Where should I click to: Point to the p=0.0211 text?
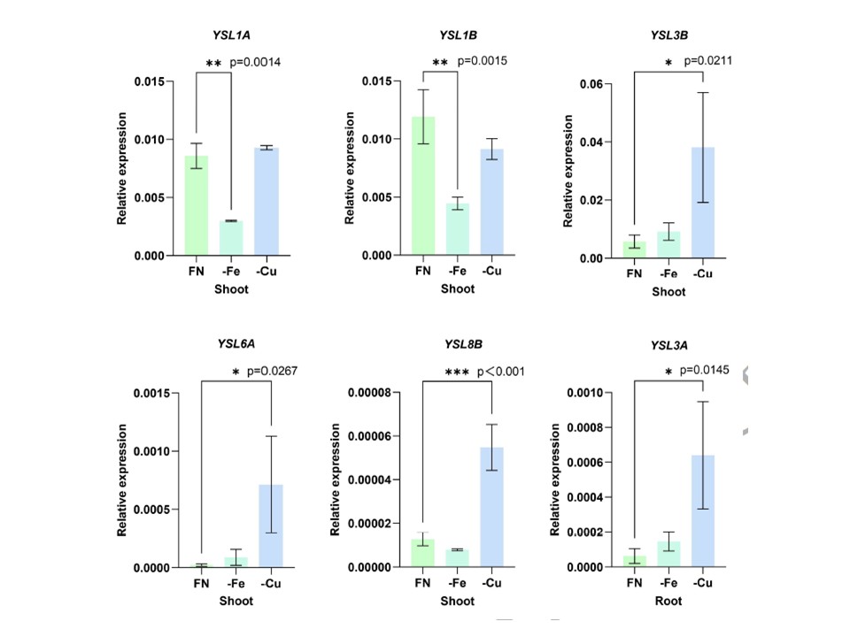705,61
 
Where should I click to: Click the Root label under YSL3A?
668,602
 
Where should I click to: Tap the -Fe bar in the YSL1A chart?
232,238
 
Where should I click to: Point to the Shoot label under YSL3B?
668,292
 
